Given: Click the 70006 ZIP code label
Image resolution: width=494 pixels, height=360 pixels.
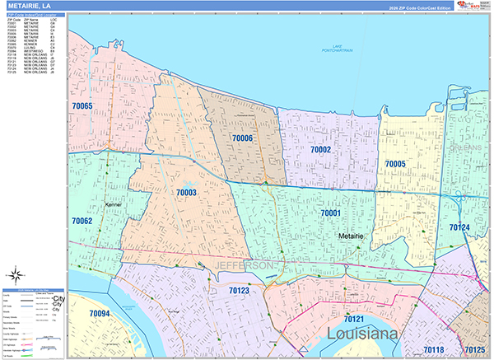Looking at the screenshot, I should (243, 138).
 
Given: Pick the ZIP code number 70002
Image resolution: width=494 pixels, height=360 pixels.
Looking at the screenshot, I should (320, 149).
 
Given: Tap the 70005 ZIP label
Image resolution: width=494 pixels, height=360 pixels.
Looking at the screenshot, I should (394, 164).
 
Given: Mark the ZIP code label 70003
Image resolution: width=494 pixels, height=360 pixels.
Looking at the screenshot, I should (186, 192).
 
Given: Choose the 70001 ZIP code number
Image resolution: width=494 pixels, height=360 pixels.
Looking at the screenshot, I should (331, 213).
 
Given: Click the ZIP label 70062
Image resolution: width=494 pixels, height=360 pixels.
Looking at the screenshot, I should (82, 221).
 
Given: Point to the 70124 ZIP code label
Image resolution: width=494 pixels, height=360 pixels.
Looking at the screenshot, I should (459, 227).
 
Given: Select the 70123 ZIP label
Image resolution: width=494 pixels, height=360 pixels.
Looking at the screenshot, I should (239, 291).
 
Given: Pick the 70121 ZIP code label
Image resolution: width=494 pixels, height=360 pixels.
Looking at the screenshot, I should (354, 318).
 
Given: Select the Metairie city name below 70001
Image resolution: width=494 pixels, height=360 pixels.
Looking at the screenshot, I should (354, 236).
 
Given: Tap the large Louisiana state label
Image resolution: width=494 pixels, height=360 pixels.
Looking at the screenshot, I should (363, 334).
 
